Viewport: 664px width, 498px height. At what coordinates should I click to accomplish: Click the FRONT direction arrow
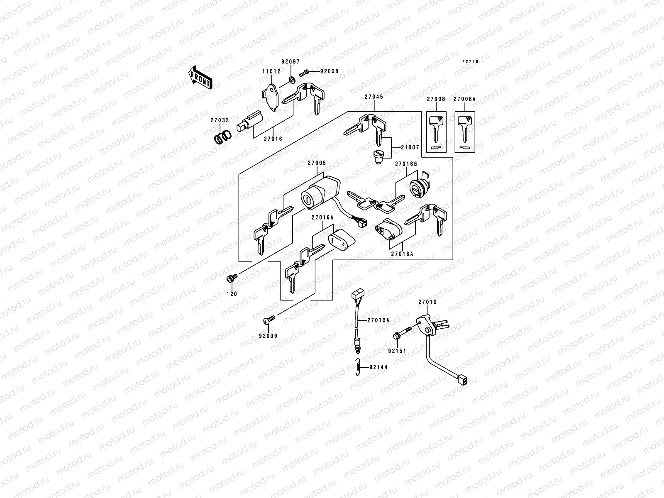pyautogui.click(x=200, y=77)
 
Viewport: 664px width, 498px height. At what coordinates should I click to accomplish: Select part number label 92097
pyautogui.click(x=290, y=61)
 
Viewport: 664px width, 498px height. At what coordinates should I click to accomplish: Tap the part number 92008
pyautogui.click(x=329, y=71)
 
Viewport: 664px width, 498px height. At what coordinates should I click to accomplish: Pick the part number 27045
pyautogui.click(x=374, y=97)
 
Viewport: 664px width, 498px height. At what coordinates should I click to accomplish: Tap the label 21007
pyautogui.click(x=410, y=148)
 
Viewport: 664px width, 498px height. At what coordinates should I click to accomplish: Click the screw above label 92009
pyautogui.click(x=270, y=319)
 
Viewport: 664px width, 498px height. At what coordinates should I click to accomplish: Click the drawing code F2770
pyautogui.click(x=471, y=61)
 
